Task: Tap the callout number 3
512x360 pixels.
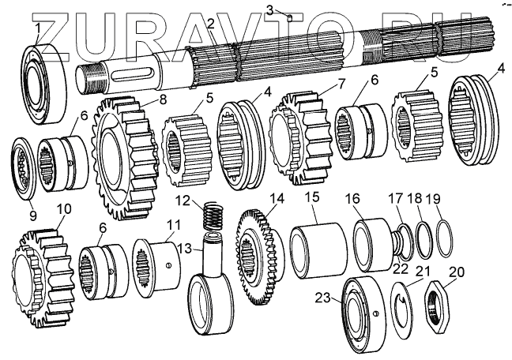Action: (269, 9)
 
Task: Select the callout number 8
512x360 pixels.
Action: (163, 99)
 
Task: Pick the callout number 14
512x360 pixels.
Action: (276, 201)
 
